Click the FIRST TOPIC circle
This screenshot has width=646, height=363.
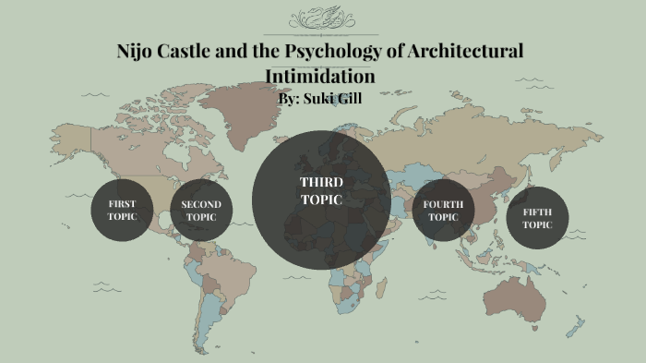[x=122, y=210]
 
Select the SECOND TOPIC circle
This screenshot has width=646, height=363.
[x=200, y=212]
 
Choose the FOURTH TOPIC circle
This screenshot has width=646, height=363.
[x=443, y=211]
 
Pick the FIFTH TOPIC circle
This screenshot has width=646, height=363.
[x=537, y=218]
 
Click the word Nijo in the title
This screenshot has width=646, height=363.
[x=136, y=50]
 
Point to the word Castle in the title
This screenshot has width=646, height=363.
[x=189, y=50]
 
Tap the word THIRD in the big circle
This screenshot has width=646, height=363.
[x=320, y=182]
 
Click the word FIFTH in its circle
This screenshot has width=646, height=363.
[x=537, y=212]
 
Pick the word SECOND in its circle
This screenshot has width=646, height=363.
[x=200, y=204]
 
